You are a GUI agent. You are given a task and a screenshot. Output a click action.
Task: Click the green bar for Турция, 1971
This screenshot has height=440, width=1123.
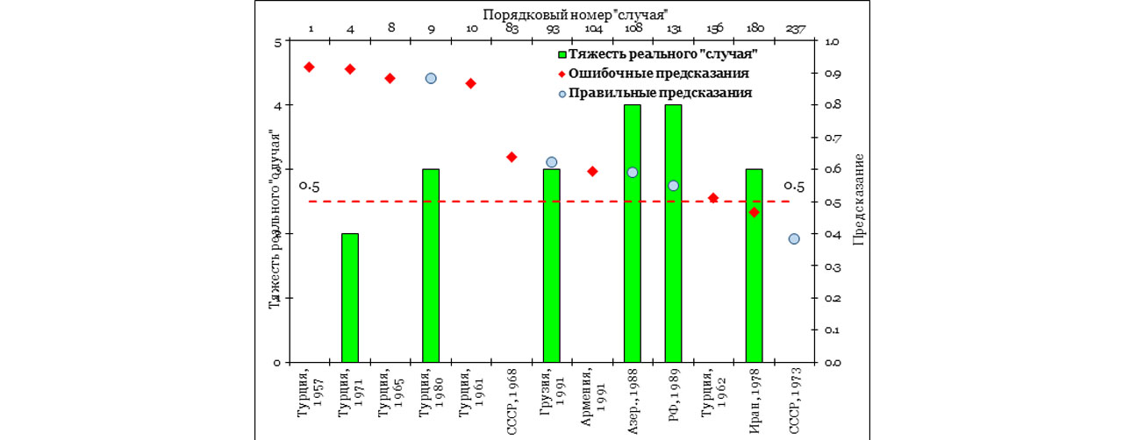[349, 297]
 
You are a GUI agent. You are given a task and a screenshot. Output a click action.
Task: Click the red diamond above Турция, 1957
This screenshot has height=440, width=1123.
[309, 67]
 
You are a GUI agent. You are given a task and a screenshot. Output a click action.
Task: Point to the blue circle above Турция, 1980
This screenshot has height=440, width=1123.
[431, 78]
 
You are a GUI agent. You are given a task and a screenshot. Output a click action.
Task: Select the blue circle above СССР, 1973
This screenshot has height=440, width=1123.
[794, 238]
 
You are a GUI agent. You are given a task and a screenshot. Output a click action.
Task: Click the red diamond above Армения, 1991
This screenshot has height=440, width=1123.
[592, 171]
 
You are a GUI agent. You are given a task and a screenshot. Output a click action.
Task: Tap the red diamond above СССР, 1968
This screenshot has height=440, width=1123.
[511, 157]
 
